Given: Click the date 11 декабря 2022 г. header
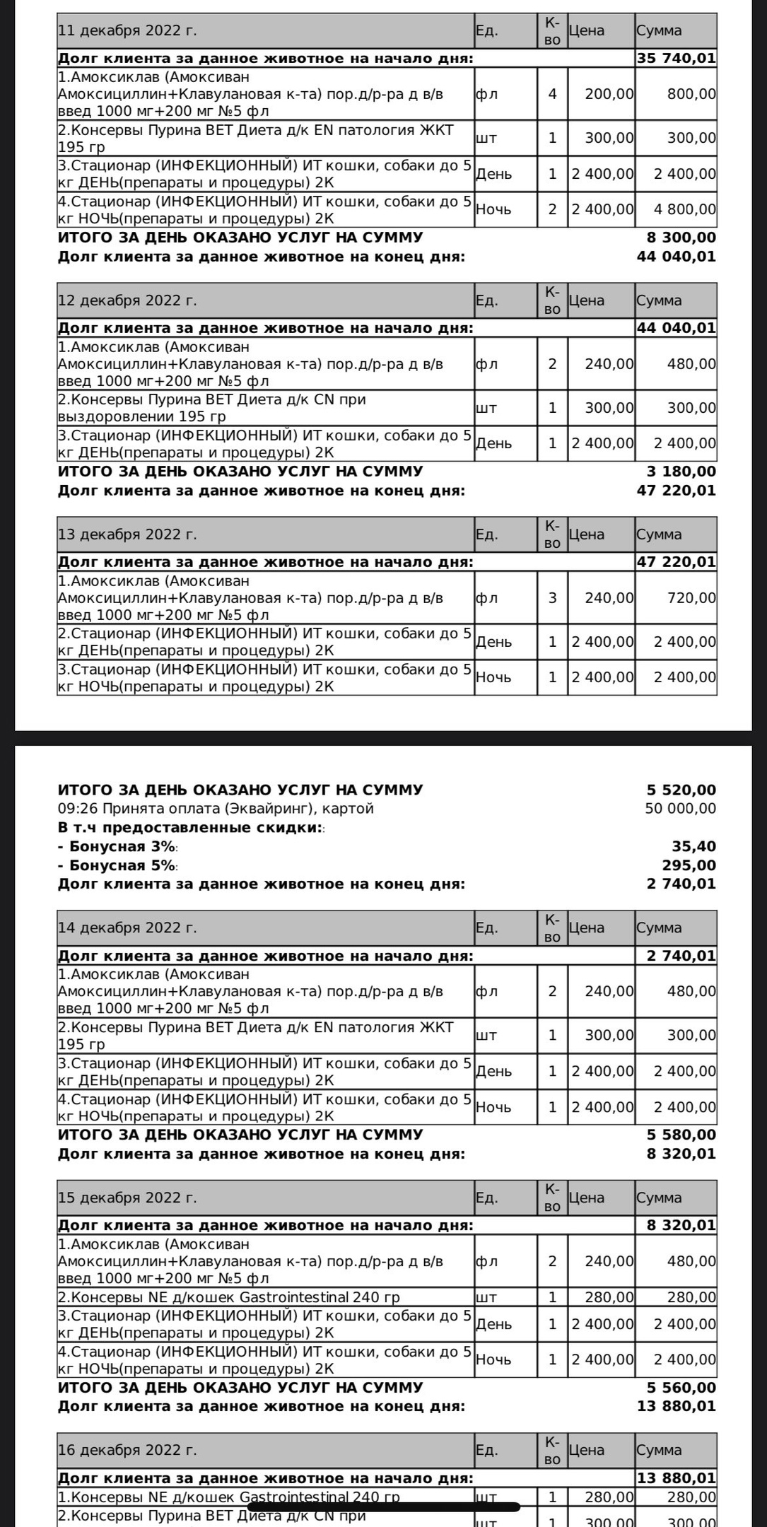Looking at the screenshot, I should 127,31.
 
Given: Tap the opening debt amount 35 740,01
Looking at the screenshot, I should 676,59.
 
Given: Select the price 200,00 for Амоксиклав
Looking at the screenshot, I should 609,94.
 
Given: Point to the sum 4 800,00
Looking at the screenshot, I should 684,209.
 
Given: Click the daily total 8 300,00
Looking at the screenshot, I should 681,238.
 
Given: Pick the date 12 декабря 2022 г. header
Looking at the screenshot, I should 127,300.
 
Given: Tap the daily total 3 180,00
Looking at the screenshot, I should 681,472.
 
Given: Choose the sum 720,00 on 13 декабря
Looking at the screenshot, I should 691,598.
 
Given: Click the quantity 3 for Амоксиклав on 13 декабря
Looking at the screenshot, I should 552,598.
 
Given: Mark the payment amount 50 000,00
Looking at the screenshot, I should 680,809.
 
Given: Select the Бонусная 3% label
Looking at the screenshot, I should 117,847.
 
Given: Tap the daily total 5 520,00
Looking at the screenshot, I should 681,790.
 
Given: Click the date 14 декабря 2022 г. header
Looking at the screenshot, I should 127,928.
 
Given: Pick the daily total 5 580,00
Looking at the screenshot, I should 681,1135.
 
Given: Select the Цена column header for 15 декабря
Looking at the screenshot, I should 586,1198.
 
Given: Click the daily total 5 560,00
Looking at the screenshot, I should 681,1388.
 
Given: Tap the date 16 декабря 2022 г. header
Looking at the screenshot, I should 127,1450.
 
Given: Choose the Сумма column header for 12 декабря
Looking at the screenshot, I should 659,300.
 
